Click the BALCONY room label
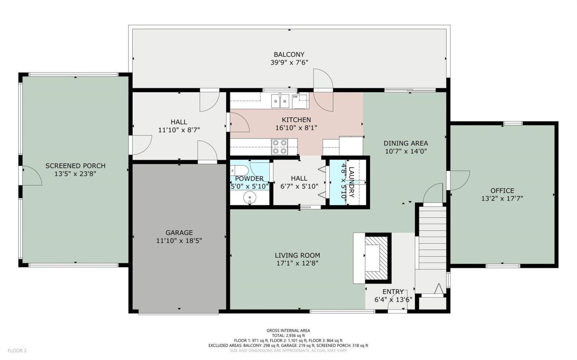pos(289,54)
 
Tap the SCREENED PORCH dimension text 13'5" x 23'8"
pos(75,174)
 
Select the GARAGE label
pos(179,233)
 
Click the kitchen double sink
pos(280,101)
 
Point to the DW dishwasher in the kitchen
pos(300,101)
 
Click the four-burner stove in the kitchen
pos(279,147)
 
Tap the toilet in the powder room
pos(239,171)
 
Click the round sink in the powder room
pos(250,198)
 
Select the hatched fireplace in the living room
pos(376,258)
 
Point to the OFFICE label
pos(502,190)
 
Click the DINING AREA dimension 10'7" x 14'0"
pos(406,151)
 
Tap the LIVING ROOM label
pos(297,255)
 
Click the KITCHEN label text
pos(296,120)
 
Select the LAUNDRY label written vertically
pos(351,182)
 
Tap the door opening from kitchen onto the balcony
pos(323,90)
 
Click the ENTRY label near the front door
pos(393,291)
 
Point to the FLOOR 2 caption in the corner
pos(17,350)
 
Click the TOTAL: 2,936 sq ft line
pos(288,335)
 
